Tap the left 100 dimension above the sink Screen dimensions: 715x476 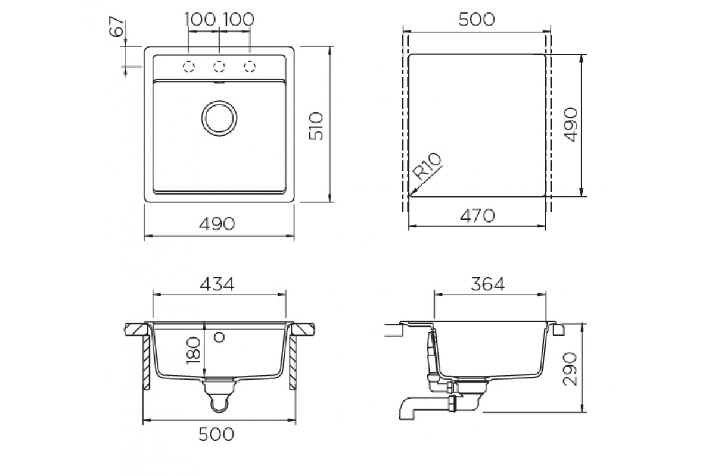pos(200,20)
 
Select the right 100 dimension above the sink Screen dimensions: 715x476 pos(239,20)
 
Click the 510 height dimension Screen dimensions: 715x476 pos(316,126)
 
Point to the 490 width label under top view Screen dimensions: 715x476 pos(217,224)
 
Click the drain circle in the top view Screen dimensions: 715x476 pos(219,118)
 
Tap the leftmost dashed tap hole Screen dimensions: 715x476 pos(189,67)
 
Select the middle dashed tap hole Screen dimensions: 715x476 pos(219,67)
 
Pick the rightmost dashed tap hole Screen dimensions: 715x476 pos(250,67)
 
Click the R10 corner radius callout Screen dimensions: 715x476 pos(427,167)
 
